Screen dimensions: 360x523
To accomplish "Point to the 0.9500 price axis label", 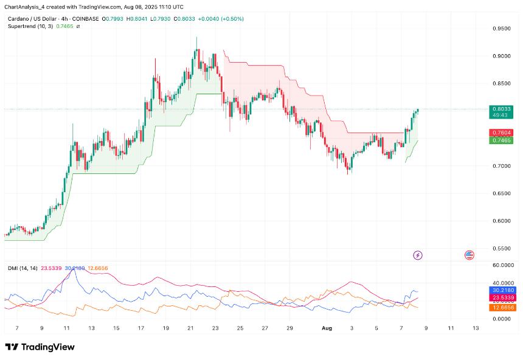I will point(502,28).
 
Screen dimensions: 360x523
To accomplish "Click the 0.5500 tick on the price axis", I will point(502,248).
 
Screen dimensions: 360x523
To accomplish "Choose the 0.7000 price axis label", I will point(502,165).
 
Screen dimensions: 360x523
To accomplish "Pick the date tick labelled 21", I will point(190,327).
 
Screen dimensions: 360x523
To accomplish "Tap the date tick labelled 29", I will point(290,327).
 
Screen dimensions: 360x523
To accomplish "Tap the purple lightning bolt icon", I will point(417,255).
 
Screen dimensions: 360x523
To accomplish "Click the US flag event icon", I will point(469,255).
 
